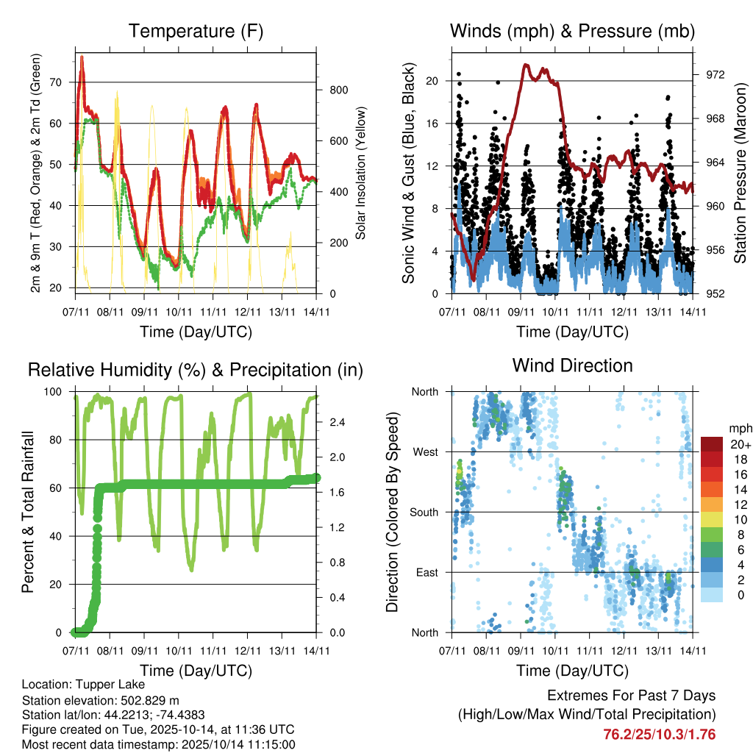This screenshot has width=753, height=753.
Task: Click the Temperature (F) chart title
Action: (196, 31)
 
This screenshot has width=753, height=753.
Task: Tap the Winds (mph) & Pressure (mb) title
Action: (572, 31)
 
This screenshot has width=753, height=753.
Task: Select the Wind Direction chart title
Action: (572, 365)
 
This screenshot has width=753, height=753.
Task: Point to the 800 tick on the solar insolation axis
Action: (338, 90)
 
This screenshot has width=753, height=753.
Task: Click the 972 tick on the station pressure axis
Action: (715, 75)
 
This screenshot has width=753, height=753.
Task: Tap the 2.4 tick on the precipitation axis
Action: (338, 422)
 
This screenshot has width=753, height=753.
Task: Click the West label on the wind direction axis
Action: (426, 452)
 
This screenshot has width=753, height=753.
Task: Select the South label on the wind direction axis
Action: (424, 512)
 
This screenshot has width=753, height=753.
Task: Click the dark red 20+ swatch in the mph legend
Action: (712, 444)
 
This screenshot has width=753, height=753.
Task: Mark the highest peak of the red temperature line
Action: (82, 57)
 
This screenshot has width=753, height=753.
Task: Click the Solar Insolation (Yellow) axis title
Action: (361, 174)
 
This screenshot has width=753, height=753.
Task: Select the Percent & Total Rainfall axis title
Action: (28, 512)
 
